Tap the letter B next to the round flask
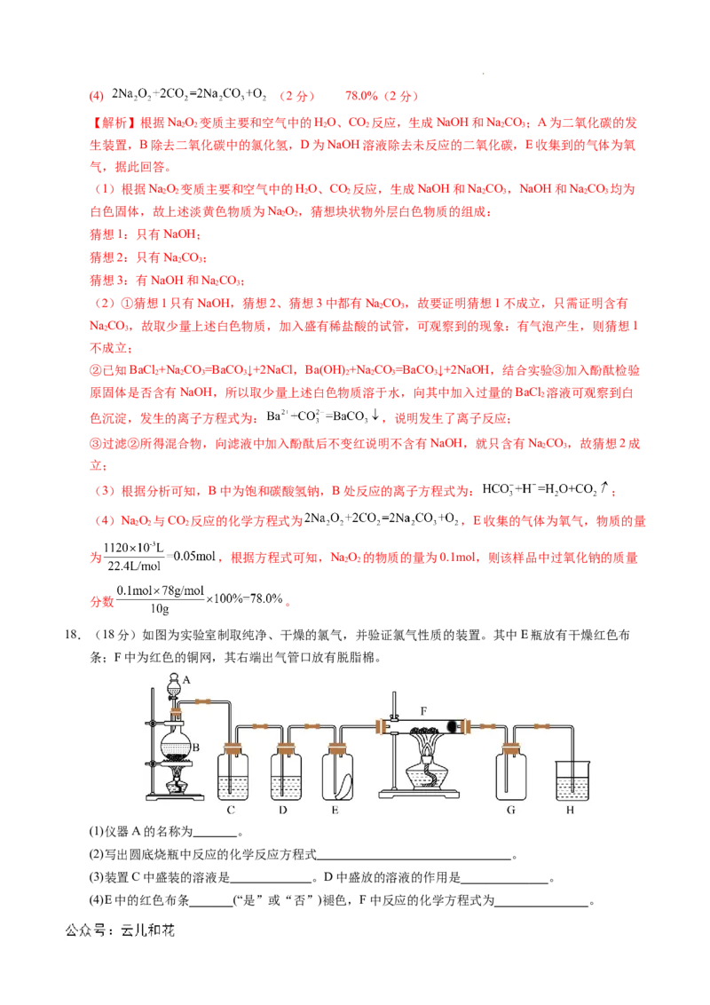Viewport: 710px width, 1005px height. pyautogui.click(x=195, y=748)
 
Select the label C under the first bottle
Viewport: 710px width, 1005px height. pyautogui.click(x=231, y=809)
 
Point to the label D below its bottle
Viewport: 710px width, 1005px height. pyautogui.click(x=283, y=809)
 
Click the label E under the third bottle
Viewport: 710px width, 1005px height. pyautogui.click(x=335, y=809)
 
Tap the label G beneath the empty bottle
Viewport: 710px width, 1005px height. pyautogui.click(x=510, y=809)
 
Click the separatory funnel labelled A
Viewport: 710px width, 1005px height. pyautogui.click(x=175, y=685)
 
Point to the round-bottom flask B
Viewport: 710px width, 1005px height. pyautogui.click(x=175, y=742)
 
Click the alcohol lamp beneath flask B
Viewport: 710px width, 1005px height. pyautogui.click(x=177, y=782)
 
